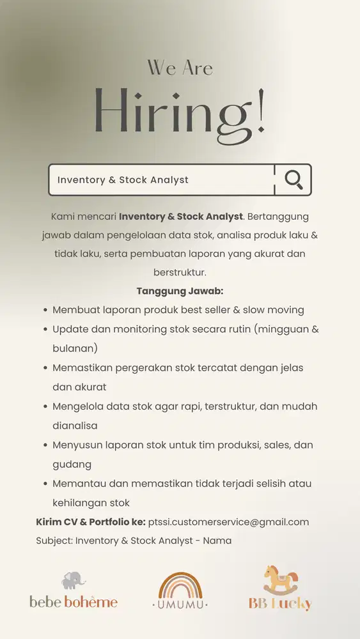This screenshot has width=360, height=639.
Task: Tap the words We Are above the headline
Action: (x=180, y=67)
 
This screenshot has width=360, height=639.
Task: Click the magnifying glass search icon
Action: (x=293, y=180)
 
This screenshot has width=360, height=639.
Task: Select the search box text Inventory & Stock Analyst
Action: (x=123, y=180)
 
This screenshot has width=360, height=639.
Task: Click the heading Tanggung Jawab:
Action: (x=180, y=291)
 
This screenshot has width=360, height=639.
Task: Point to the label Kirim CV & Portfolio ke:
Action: (x=91, y=522)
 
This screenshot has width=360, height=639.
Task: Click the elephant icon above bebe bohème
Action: (x=73, y=580)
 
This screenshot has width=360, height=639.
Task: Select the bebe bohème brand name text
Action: (x=74, y=601)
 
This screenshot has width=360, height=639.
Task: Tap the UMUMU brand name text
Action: (x=180, y=604)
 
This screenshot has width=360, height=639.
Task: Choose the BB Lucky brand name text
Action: (x=280, y=603)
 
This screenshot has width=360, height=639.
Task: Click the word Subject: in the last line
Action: (x=54, y=541)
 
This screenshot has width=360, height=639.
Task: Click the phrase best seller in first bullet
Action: (x=218, y=310)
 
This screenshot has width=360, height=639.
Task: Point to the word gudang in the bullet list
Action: (x=72, y=464)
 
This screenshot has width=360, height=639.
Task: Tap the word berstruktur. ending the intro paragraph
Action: (x=180, y=272)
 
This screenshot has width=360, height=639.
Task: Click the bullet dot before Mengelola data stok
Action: (x=45, y=406)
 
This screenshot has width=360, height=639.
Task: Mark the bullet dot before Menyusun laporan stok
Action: (x=45, y=445)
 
